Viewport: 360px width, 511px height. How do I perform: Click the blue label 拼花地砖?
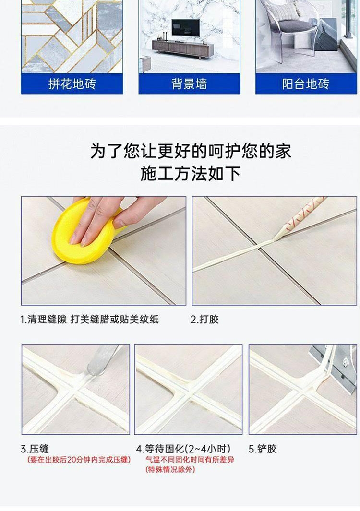72,84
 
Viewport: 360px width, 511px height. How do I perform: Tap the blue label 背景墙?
189,84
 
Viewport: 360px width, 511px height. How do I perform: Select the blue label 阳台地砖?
306,84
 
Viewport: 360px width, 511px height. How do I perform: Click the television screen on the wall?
186,28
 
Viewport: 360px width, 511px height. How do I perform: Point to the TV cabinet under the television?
183,48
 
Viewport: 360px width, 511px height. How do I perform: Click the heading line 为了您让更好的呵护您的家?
191,151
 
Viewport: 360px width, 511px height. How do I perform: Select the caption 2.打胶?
204,319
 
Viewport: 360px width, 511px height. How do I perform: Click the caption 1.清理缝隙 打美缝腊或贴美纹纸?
89,319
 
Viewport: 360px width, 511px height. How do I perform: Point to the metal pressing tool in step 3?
101,360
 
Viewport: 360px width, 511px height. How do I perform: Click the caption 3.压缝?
35,449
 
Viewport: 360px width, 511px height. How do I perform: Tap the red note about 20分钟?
79,460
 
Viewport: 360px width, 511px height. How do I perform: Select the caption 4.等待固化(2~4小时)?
183,449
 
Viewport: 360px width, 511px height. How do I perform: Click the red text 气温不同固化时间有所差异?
190,460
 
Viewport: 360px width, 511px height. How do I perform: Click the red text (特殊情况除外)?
170,470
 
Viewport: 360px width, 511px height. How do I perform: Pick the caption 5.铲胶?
263,449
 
